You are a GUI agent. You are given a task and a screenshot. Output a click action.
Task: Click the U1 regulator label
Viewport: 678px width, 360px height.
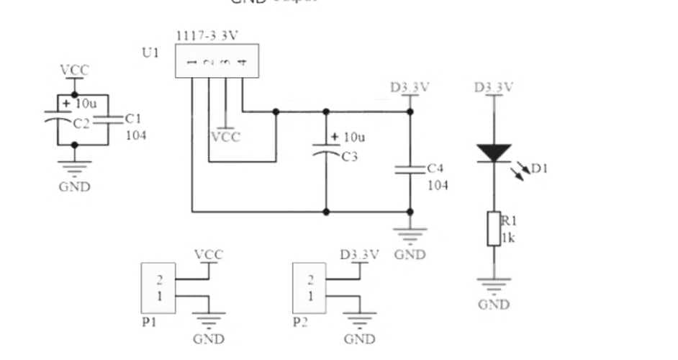click(150, 52)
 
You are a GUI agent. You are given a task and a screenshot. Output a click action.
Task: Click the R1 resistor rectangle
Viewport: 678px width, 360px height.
click(494, 228)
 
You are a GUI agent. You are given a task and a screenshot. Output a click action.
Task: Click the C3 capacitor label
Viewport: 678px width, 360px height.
click(350, 157)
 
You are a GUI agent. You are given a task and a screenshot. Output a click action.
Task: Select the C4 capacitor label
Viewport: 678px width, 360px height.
click(435, 168)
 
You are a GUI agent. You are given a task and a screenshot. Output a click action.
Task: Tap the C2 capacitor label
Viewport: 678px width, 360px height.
click(82, 123)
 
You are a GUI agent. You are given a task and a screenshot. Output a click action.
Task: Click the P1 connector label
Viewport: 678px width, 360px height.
click(149, 323)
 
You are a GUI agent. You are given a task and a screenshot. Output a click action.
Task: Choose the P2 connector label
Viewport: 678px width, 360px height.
click(301, 323)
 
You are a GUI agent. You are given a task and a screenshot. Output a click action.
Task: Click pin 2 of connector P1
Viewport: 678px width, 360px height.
click(160, 280)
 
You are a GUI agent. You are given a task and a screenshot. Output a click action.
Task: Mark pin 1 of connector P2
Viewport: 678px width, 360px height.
click(311, 296)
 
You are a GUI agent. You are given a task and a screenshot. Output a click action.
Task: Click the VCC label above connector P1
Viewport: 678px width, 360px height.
click(209, 255)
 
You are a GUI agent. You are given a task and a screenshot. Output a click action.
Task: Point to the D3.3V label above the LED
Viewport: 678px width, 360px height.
click(494, 88)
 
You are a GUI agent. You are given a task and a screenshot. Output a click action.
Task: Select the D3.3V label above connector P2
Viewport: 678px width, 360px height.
click(359, 255)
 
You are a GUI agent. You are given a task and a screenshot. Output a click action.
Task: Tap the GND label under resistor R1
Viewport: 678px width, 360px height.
click(494, 304)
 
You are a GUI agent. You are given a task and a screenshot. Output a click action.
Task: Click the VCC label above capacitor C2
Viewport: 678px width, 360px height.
click(74, 70)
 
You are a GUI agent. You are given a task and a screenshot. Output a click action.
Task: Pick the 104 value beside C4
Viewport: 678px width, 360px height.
click(438, 185)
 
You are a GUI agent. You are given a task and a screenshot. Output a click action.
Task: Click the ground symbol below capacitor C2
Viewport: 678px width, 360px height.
click(74, 168)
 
